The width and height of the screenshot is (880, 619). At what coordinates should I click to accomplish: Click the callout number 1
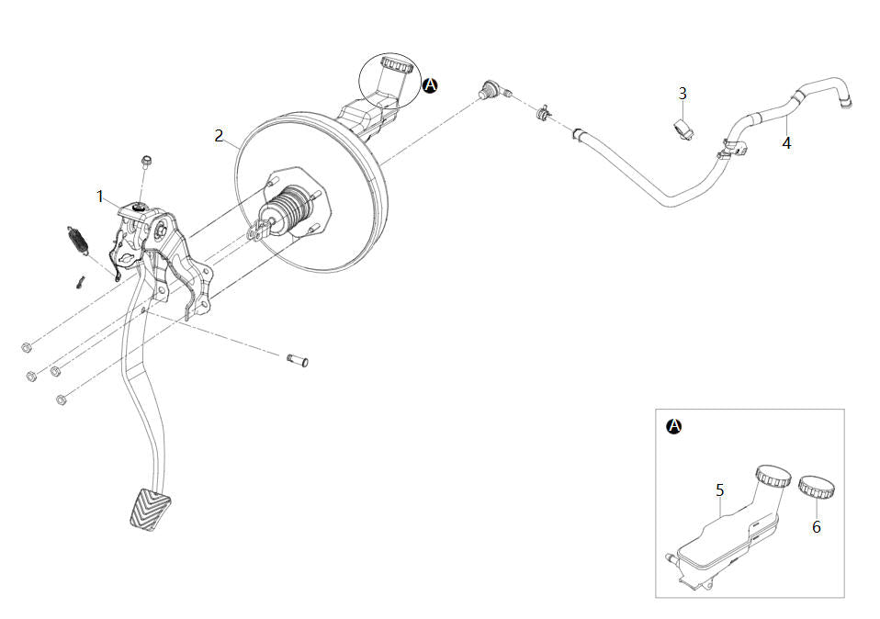(100, 197)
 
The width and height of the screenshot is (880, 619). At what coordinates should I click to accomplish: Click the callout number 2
(219, 136)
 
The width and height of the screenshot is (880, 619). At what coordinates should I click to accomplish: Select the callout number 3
(683, 93)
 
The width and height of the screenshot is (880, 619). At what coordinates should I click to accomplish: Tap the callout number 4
(787, 143)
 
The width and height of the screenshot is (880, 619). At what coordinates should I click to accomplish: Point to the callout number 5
(720, 490)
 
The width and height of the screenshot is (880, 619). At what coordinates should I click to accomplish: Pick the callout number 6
(817, 527)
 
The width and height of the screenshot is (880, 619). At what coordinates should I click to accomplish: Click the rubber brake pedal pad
(148, 510)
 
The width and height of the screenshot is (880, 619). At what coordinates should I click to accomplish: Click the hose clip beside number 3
(683, 129)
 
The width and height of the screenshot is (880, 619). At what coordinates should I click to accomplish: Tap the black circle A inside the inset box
(674, 426)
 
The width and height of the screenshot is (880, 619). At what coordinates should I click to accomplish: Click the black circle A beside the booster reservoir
(430, 85)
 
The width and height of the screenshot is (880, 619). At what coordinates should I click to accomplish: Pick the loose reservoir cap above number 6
(816, 486)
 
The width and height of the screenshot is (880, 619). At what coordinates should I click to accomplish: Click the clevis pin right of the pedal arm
(298, 360)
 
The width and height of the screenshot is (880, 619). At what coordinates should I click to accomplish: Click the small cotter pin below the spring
(80, 282)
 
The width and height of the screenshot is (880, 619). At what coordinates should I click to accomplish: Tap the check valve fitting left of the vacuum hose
(493, 89)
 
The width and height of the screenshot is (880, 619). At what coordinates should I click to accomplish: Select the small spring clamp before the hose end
(543, 112)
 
